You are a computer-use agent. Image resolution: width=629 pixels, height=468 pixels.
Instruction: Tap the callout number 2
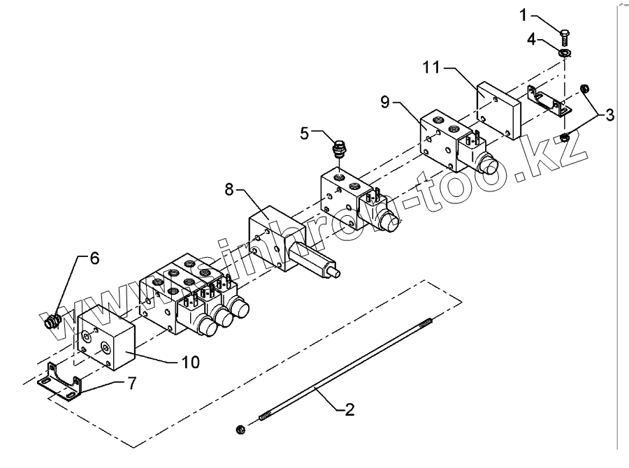(x=349, y=410)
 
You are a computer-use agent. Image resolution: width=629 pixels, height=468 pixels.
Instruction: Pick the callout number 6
(x=94, y=258)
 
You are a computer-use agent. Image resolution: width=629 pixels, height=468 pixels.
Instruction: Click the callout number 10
(x=190, y=363)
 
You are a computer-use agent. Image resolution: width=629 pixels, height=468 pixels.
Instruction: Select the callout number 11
(x=431, y=68)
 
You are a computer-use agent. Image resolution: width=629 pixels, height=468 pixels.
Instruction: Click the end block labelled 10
(x=105, y=339)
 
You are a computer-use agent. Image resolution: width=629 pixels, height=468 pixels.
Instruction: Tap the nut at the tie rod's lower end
(x=241, y=427)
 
